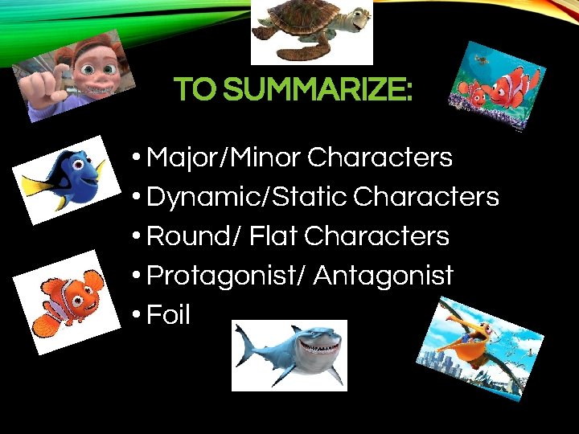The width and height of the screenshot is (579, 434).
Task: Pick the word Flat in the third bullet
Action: point(273,236)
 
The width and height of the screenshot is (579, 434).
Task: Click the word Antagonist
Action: point(384,276)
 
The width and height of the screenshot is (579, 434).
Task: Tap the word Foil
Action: point(168,315)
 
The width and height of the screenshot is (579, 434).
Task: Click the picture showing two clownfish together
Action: point(496,85)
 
